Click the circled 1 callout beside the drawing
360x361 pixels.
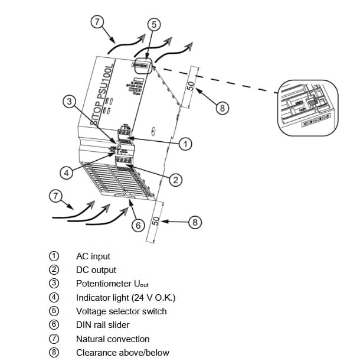tap(185, 144)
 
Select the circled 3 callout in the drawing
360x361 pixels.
tap(70, 102)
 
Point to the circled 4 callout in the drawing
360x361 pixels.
tap(67, 173)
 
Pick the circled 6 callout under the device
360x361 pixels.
tap(138, 225)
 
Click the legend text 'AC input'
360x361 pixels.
tap(93, 256)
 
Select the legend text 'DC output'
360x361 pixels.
tap(96, 270)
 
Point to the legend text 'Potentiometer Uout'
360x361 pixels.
tap(108, 284)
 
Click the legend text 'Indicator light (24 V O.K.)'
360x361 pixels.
tap(126, 297)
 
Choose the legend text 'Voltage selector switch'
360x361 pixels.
tap(121, 311)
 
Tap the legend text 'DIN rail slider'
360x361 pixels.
tap(103, 325)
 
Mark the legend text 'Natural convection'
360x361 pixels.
tap(113, 339)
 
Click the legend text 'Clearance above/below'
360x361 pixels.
tap(122, 353)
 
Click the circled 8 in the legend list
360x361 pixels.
tap(54, 353)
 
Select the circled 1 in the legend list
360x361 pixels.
tap(54, 256)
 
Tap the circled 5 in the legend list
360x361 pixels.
tap(54, 311)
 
